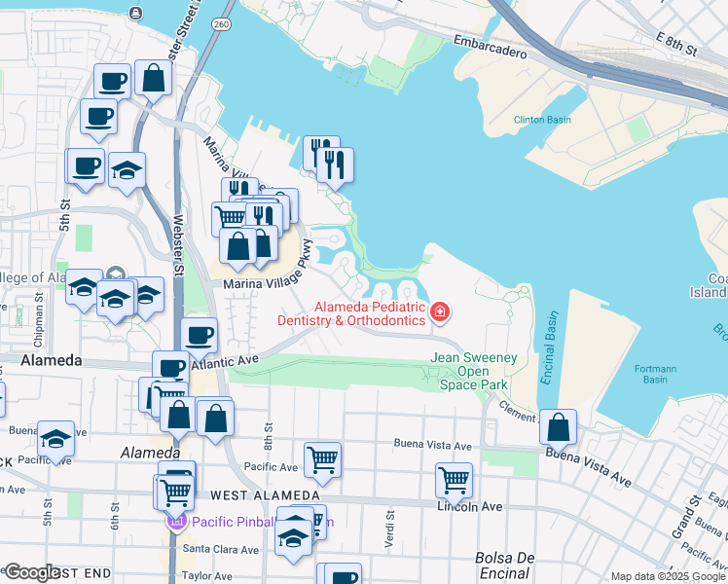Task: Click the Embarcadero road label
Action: (x=491, y=48)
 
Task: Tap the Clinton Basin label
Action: (x=542, y=120)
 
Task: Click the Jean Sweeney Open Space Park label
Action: (x=474, y=372)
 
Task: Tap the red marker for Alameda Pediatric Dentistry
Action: (x=440, y=312)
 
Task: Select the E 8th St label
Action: (x=678, y=42)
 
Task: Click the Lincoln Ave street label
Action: (x=469, y=507)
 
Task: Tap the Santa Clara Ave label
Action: (x=223, y=549)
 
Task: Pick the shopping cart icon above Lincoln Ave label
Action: (x=454, y=479)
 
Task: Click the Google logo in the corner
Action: (x=31, y=572)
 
